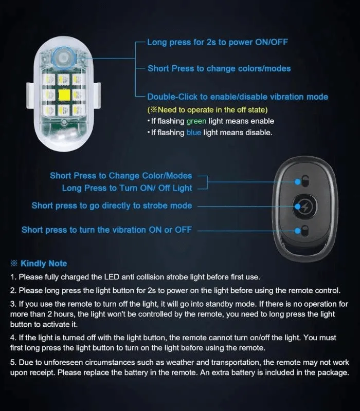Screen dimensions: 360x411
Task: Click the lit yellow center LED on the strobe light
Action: (64, 95)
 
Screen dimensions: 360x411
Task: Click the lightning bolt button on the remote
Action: (304, 207)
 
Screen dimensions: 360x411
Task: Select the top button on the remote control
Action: (305, 181)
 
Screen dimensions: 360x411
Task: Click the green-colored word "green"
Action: (196, 121)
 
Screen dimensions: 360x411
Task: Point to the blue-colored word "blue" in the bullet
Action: (194, 133)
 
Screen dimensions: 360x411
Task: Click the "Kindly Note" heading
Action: (44, 264)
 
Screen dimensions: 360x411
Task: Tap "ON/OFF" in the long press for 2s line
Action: (272, 42)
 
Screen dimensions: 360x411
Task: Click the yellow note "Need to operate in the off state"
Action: (207, 109)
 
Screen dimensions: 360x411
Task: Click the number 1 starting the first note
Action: (12, 277)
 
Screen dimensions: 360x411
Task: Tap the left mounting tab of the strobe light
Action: (30, 96)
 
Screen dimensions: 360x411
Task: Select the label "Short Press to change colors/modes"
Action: (219, 68)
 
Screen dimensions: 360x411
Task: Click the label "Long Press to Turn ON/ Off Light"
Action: (127, 188)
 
